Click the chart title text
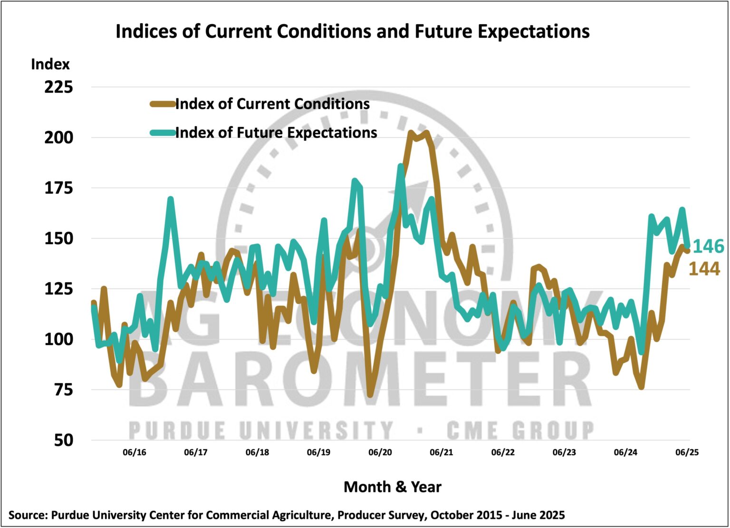(353, 31)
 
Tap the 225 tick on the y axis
(59, 87)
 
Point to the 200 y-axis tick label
(59, 138)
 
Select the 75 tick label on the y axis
(63, 390)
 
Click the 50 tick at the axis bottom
(63, 440)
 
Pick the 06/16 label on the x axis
(134, 453)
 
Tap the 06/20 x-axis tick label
(380, 453)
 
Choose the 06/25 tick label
(687, 453)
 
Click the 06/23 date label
(564, 453)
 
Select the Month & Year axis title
(392, 487)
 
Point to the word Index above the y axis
(50, 65)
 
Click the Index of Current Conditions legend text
(272, 104)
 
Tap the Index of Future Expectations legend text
(276, 132)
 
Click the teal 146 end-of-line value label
(708, 246)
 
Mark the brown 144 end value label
(704, 269)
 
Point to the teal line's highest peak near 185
(401, 166)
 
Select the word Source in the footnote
(27, 515)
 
